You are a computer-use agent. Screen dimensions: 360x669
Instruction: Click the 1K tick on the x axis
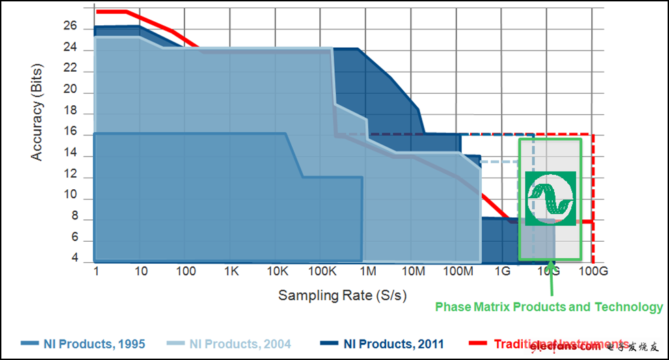tap(231, 272)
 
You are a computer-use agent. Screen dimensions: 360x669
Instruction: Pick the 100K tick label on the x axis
tap(322, 272)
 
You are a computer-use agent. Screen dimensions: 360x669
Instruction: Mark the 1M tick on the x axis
tap(368, 272)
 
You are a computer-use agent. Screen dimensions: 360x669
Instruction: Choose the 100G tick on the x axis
tap(592, 272)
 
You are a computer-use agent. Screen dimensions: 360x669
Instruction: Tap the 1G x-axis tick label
tap(503, 272)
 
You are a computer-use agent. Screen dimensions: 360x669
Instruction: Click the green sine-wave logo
tap(550, 198)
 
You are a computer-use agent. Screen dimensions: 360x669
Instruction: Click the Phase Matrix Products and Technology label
tap(549, 307)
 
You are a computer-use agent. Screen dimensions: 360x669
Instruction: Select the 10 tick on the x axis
tap(141, 272)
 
